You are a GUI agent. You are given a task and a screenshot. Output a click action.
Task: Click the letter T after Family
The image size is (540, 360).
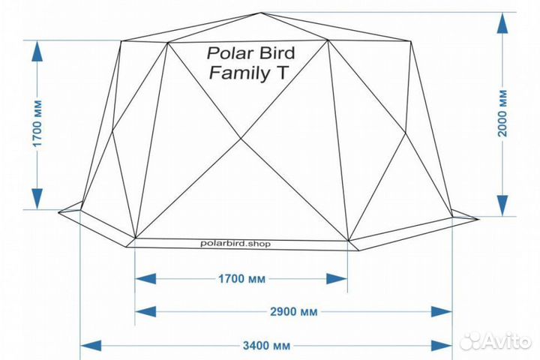[x=283, y=73]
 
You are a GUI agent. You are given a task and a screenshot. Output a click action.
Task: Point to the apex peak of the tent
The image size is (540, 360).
[x=262, y=13]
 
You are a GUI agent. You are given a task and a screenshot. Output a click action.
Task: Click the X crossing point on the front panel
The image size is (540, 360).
[x=241, y=139]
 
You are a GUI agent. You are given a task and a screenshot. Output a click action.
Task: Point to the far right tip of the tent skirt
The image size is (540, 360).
[x=476, y=219]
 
